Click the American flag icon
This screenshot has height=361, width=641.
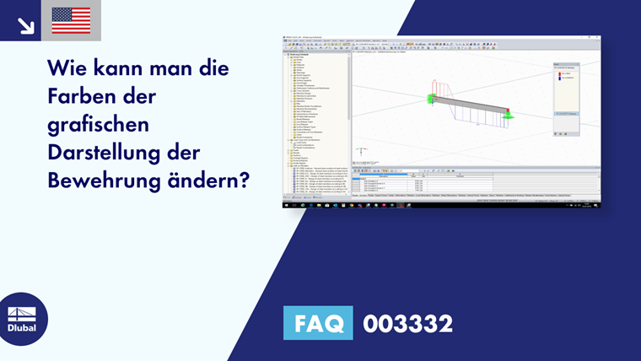click(x=71, y=20)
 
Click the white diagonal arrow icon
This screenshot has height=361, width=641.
click(x=26, y=24)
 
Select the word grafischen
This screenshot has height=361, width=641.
click(x=99, y=125)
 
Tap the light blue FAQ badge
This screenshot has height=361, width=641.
click(x=318, y=323)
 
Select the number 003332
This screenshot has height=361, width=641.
click(x=407, y=323)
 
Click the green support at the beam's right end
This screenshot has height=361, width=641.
click(x=509, y=114)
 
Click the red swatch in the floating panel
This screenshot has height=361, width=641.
click(x=558, y=74)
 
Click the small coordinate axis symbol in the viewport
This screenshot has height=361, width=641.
click(x=358, y=152)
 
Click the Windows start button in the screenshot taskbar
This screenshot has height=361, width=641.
click(x=285, y=205)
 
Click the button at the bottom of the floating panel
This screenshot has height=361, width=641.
click(x=566, y=112)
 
